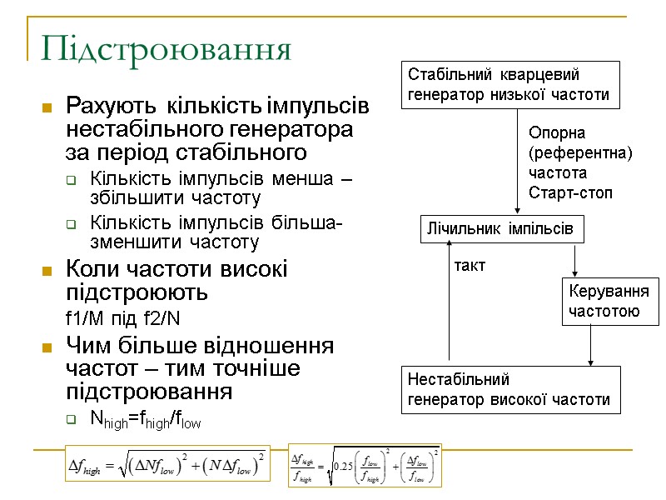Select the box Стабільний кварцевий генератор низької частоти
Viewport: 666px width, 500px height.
coord(511,84)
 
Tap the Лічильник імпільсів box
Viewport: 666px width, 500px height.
coord(499,228)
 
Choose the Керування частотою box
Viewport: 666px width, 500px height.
coord(609,301)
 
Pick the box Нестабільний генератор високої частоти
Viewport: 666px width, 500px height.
coord(511,390)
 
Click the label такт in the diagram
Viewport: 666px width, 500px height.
coord(470,266)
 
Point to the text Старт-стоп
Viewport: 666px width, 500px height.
coord(570,193)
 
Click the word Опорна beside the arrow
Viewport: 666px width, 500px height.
coord(558,132)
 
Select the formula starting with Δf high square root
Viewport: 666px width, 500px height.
coord(167,464)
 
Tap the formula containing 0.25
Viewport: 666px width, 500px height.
coord(365,464)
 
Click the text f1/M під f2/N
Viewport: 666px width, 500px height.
coord(122,319)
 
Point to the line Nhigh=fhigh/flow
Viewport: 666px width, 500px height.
coord(145,421)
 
